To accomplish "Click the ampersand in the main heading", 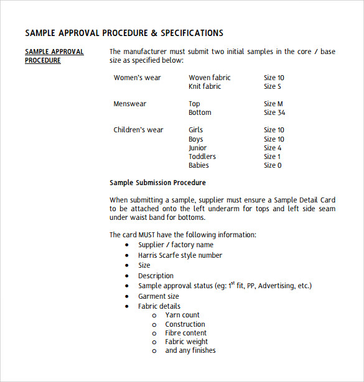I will click(152, 33).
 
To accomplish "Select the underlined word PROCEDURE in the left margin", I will click(43, 61).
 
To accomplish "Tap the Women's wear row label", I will click(137, 78).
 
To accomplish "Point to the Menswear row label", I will click(130, 104).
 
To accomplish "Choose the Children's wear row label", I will click(138, 130).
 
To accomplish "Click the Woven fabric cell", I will click(210, 78).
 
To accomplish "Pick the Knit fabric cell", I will click(205, 86).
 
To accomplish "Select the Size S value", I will click(273, 86).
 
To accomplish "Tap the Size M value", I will click(273, 104).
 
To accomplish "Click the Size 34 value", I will click(274, 112).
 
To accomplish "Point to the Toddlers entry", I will click(202, 157).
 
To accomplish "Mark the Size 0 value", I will click(273, 165).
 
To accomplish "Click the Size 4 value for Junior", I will click(273, 148).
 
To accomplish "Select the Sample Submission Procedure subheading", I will click(157, 183).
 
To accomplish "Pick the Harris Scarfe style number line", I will click(180, 255).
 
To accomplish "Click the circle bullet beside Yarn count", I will click(154, 316).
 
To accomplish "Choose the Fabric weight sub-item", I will click(186, 342).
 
